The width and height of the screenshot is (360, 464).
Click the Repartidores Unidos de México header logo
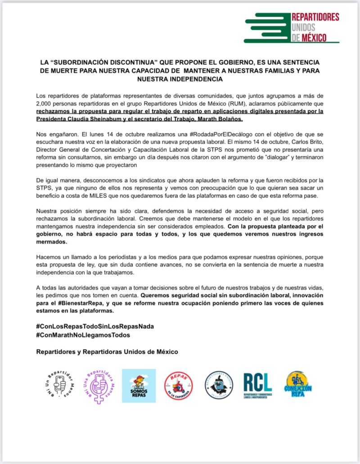[292, 27]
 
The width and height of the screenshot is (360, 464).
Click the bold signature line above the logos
[107, 351]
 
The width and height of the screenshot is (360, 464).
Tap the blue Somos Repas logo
[139, 385]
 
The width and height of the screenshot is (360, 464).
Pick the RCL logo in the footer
[258, 385]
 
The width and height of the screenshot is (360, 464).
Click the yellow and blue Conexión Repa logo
[297, 385]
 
